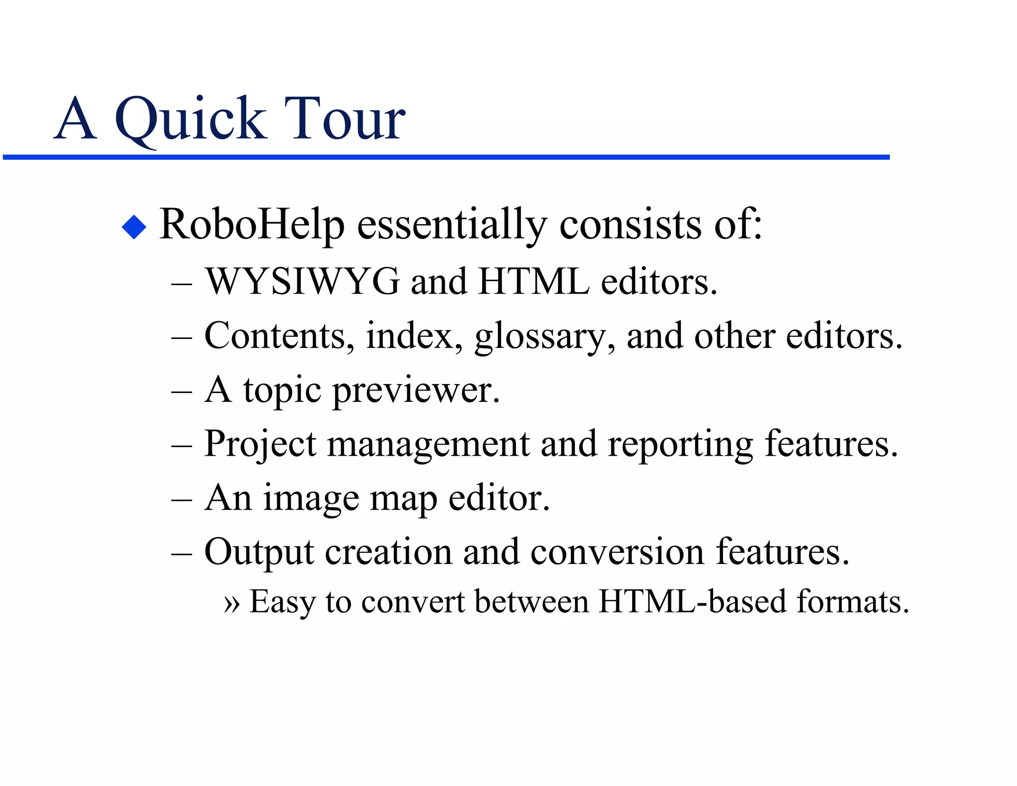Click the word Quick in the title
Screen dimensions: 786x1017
191,119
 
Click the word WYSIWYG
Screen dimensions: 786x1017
302,282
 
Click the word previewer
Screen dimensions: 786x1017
416,391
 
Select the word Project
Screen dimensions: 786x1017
260,444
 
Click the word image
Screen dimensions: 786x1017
311,498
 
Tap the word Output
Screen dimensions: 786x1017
259,552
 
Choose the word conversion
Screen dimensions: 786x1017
617,552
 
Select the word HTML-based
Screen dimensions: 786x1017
692,602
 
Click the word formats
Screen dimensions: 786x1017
853,602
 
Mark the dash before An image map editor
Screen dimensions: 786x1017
181,499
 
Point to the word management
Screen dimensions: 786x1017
428,444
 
